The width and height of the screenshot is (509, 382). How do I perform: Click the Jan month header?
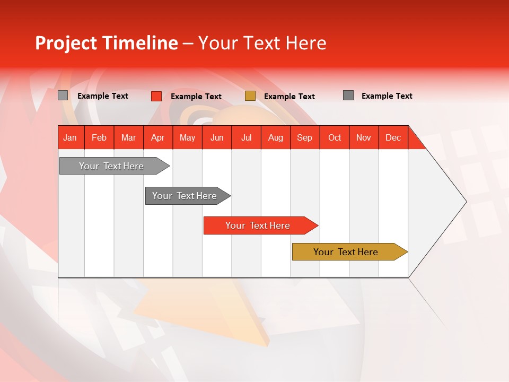click(x=71, y=137)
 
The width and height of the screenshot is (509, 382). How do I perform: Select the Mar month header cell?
click(x=128, y=137)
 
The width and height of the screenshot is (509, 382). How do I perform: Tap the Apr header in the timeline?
click(x=158, y=137)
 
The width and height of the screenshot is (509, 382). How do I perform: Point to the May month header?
click(x=187, y=137)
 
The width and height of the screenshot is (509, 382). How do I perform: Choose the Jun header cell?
click(x=217, y=137)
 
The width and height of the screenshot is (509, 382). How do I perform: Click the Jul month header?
click(x=246, y=137)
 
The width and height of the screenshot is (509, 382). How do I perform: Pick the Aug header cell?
click(x=276, y=137)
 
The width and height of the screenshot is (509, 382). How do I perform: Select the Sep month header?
click(x=305, y=137)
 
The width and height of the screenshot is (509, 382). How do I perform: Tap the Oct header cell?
click(x=335, y=137)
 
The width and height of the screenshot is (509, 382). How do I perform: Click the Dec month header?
click(x=393, y=137)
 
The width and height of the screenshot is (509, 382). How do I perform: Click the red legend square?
click(x=156, y=96)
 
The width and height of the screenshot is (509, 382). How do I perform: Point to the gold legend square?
click(x=250, y=96)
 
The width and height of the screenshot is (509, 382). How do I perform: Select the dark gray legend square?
click(x=348, y=95)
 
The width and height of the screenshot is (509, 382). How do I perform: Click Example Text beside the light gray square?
click(x=103, y=96)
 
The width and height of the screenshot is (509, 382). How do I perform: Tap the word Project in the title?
click(x=66, y=43)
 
